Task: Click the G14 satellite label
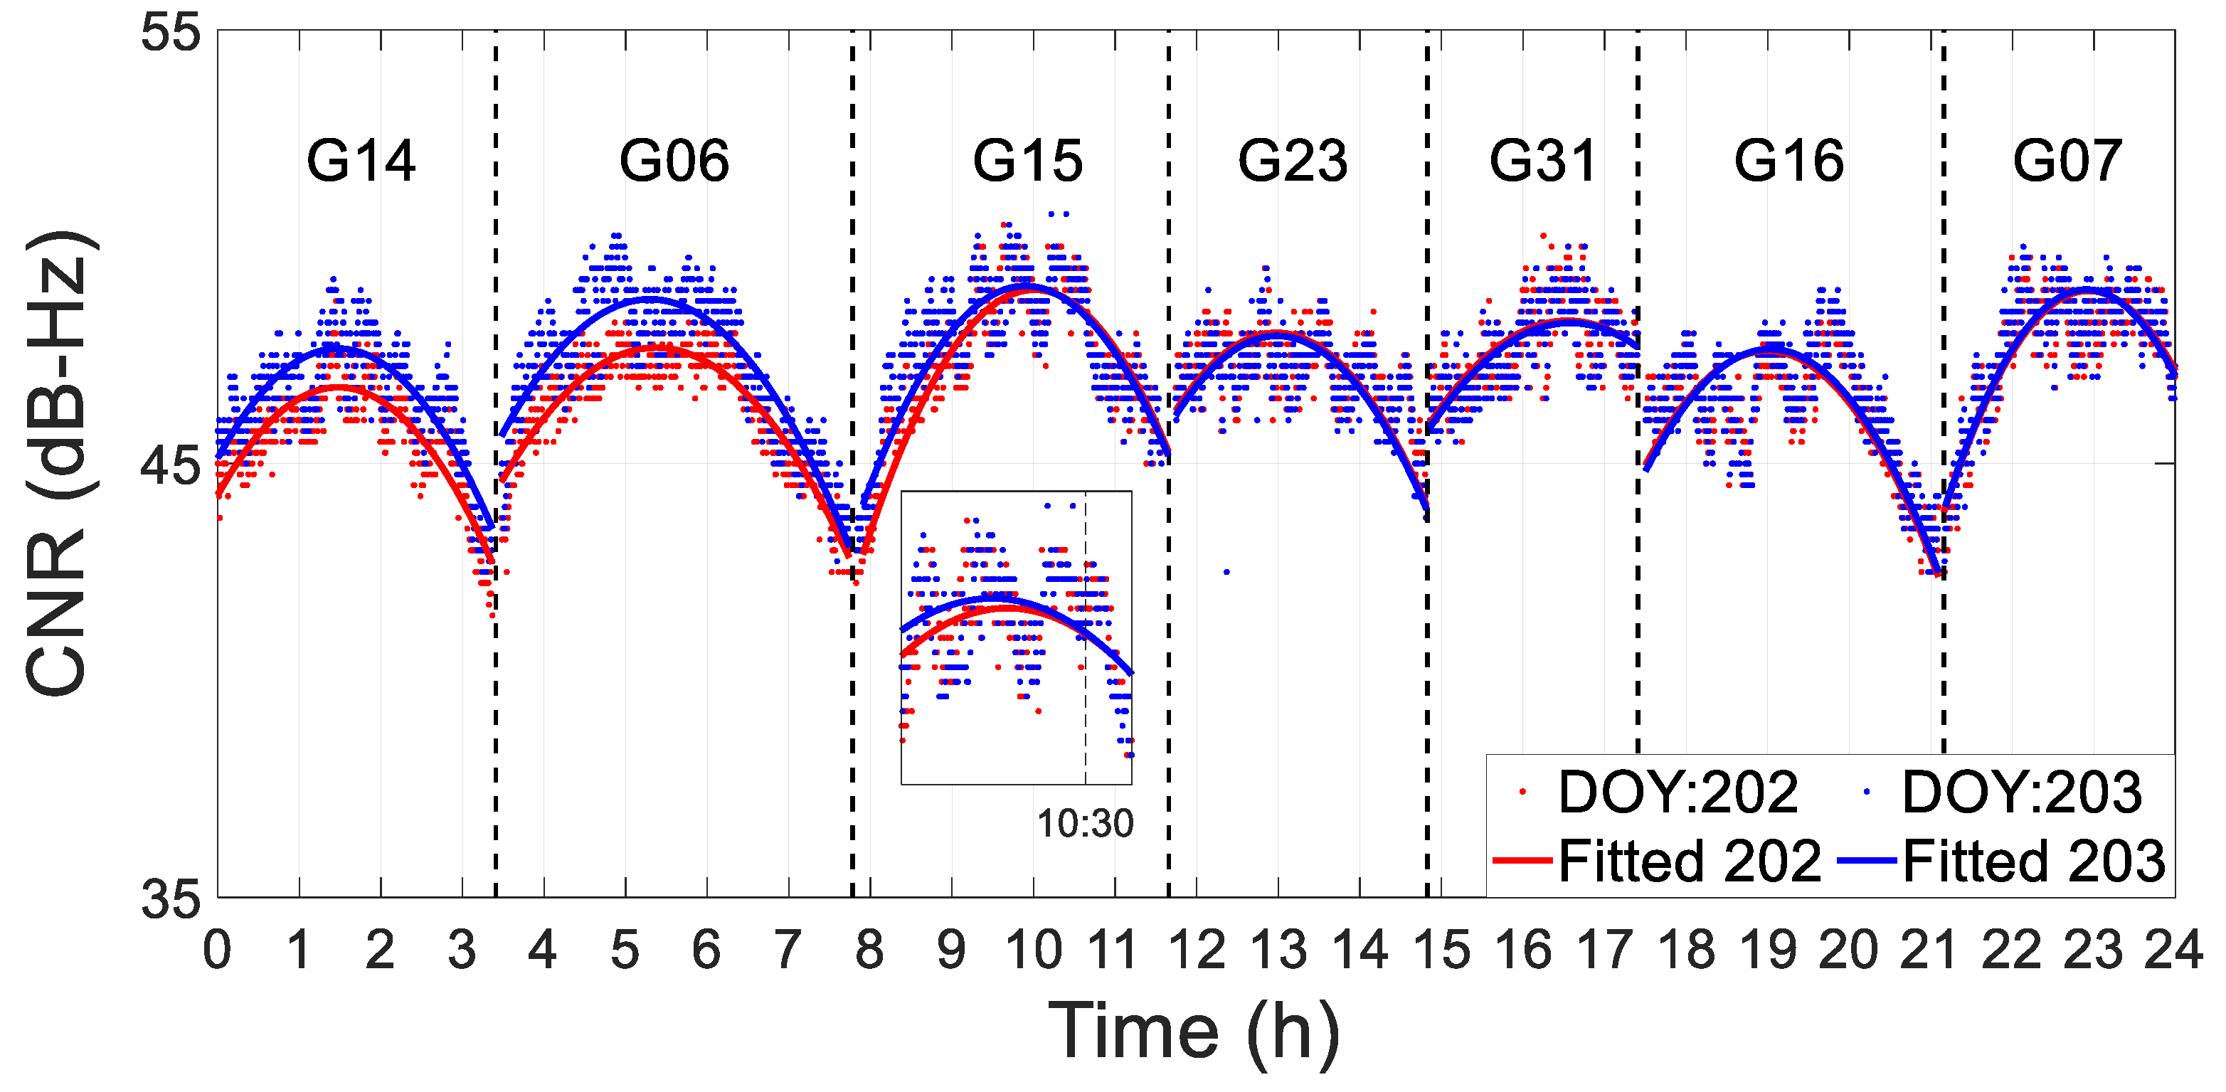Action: point(361,161)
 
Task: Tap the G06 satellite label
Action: point(674,161)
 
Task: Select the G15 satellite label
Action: point(1027,161)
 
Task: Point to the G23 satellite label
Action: point(1293,161)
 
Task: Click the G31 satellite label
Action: point(1542,161)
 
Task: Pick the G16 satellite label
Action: point(1788,161)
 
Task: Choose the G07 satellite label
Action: point(2067,161)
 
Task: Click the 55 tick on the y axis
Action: point(170,35)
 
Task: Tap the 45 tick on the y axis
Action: point(170,467)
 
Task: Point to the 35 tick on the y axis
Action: point(170,899)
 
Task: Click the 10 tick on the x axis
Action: point(1034,950)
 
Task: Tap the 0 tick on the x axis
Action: point(218,950)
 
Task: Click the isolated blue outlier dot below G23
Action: point(1226,571)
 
